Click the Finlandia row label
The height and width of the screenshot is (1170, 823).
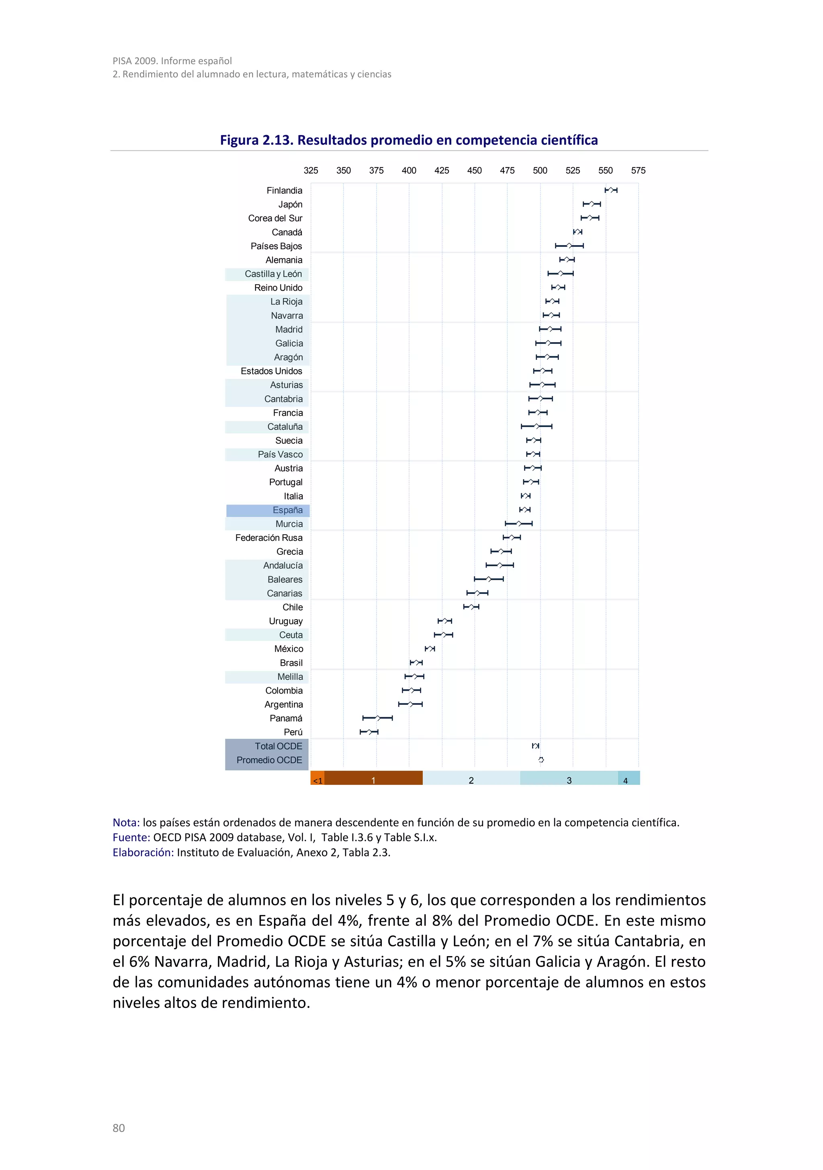[284, 191]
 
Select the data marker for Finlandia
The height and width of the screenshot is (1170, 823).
[611, 190]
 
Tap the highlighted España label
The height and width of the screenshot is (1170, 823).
[287, 510]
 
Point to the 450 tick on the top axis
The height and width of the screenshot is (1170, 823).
[474, 171]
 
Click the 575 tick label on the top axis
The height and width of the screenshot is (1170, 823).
[638, 171]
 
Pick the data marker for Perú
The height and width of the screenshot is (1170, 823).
[369, 732]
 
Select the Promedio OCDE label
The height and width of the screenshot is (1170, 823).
[269, 760]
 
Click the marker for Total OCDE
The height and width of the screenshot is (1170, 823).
[535, 745]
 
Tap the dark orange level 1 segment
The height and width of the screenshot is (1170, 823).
[373, 778]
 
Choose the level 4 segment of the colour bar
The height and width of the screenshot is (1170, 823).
[628, 778]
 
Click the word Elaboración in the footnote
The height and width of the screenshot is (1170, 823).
[143, 852]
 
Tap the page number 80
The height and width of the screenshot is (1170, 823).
[119, 1128]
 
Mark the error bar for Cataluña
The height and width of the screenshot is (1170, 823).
[536, 426]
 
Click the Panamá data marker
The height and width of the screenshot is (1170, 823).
[378, 718]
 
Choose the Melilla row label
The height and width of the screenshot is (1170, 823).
[290, 677]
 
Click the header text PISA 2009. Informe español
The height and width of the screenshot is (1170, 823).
[172, 61]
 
